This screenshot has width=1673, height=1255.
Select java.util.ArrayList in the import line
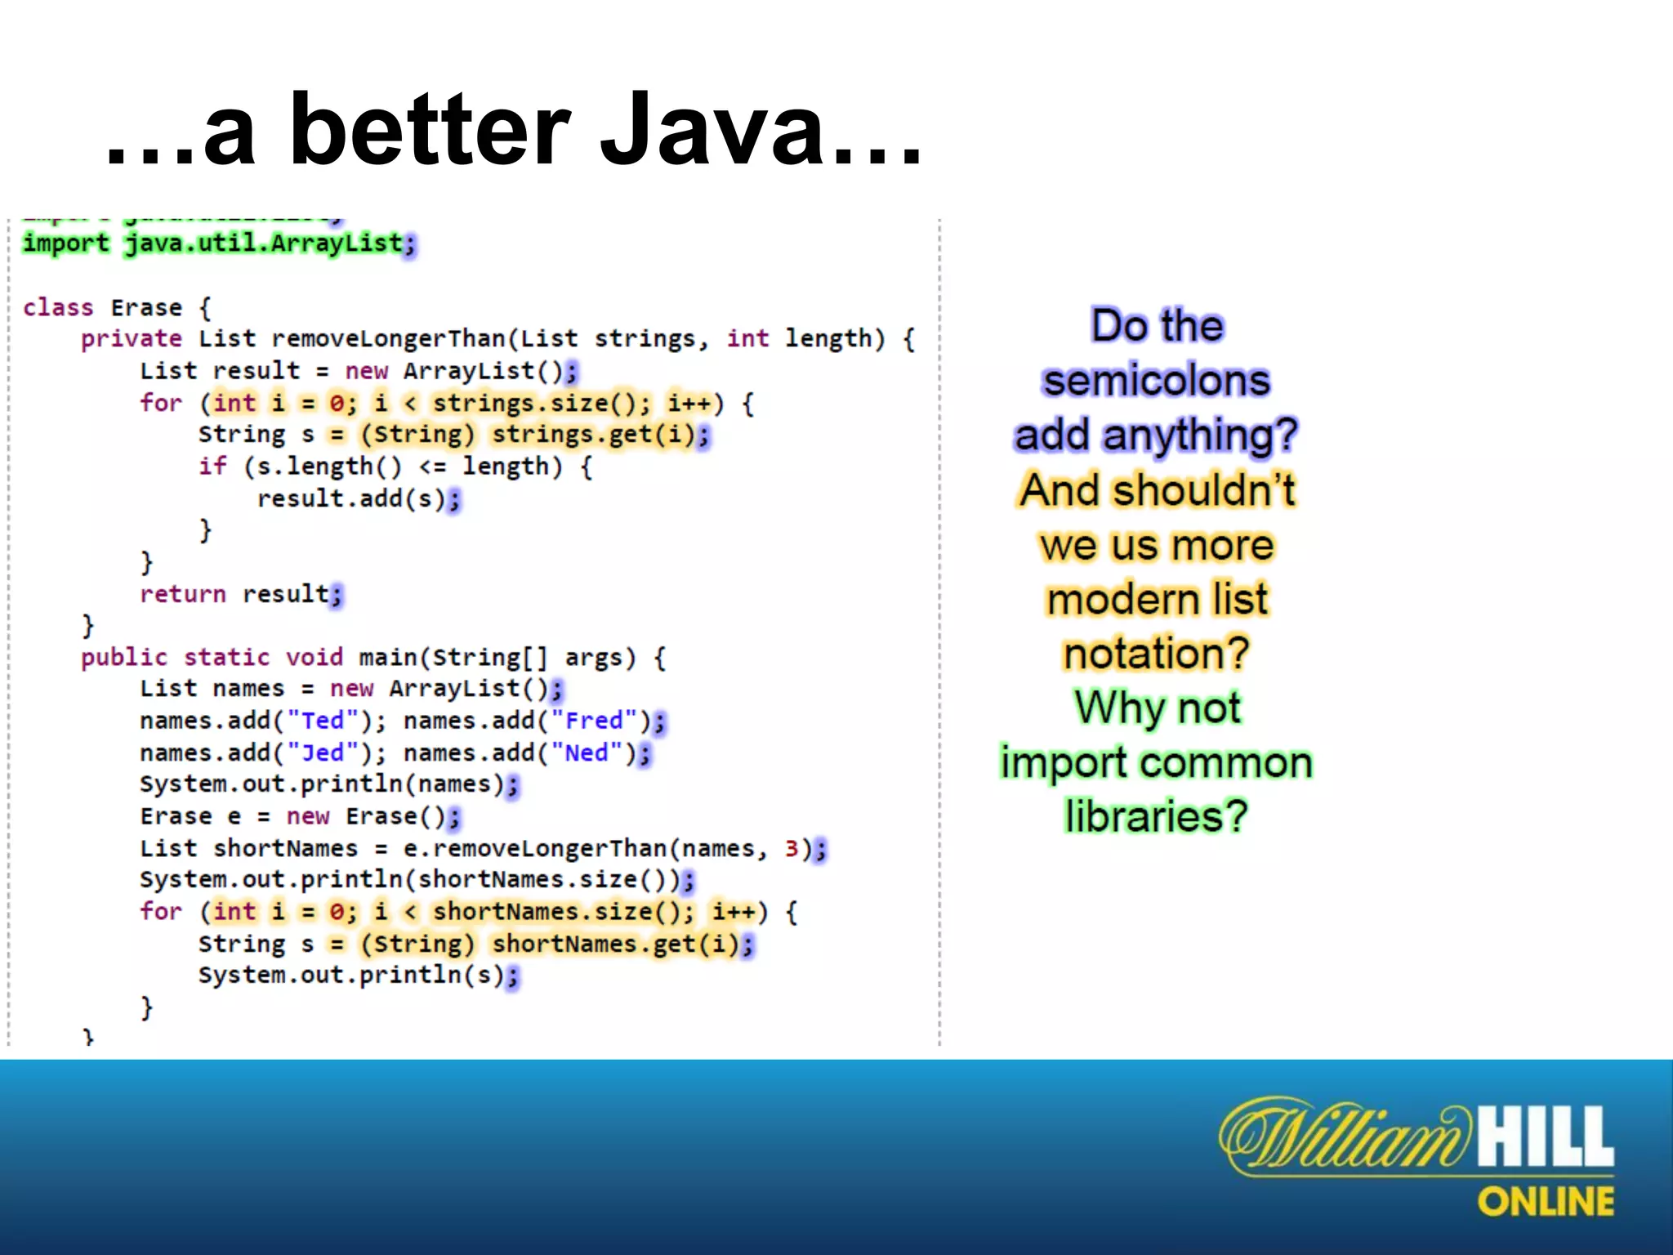[263, 243]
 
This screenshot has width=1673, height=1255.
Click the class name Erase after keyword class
[146, 308]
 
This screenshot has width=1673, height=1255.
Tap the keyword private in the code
[132, 339]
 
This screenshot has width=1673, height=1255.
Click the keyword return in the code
[182, 594]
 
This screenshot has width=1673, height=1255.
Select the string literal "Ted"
[323, 721]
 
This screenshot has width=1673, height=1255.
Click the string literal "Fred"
[594, 721]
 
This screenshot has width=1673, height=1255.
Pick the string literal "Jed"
[323, 753]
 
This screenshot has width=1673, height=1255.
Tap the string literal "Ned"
[587, 753]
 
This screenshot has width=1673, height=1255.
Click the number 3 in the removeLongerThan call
[792, 849]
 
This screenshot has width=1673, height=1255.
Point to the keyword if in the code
[212, 467]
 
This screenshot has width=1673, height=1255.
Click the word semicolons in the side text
[1156, 381]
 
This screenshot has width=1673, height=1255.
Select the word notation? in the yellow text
[1156, 654]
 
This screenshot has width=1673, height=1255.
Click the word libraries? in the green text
[1156, 816]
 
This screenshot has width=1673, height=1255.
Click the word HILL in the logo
[1546, 1137]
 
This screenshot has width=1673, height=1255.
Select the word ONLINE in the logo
[1546, 1202]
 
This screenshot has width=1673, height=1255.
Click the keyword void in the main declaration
[314, 658]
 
